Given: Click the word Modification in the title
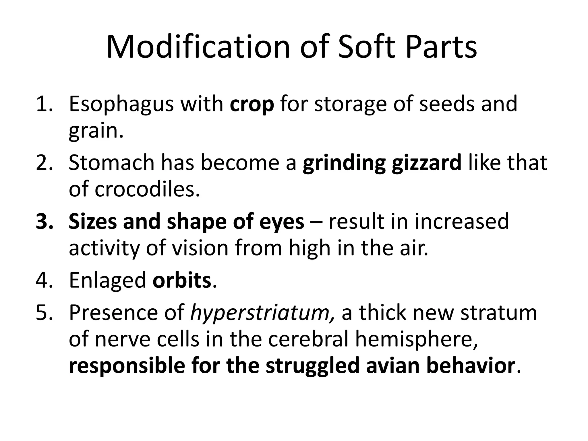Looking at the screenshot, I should (x=198, y=47).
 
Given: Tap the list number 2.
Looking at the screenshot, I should (x=44, y=163).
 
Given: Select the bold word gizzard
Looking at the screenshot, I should (x=426, y=163).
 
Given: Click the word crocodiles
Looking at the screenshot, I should (x=147, y=189).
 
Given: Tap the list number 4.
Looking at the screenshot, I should (x=44, y=280).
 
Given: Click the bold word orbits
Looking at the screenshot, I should (x=182, y=280).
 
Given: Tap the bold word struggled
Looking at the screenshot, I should (x=312, y=366).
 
